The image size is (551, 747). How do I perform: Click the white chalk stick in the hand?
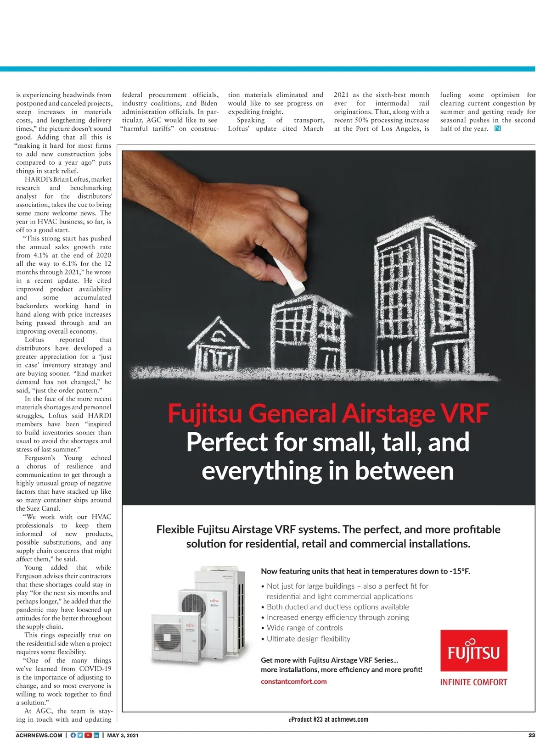coord(289,277)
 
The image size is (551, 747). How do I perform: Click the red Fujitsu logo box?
coord(473,650)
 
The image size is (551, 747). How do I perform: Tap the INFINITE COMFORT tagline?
coord(473,682)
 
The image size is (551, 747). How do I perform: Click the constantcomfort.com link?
coord(293,681)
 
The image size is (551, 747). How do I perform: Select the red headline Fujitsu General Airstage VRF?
coord(328,413)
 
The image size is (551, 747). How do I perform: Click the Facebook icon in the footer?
coord(73,735)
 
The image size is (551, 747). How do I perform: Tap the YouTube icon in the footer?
coord(88,735)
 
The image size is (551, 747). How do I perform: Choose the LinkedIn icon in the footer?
coord(96,735)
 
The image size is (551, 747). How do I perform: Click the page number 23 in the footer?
coord(531,735)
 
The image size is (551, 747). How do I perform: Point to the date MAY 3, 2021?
coord(123,735)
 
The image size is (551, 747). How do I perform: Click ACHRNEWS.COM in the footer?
coord(39,735)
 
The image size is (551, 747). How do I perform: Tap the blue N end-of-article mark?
coord(497,128)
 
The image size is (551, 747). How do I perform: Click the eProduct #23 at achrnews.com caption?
coord(328,719)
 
